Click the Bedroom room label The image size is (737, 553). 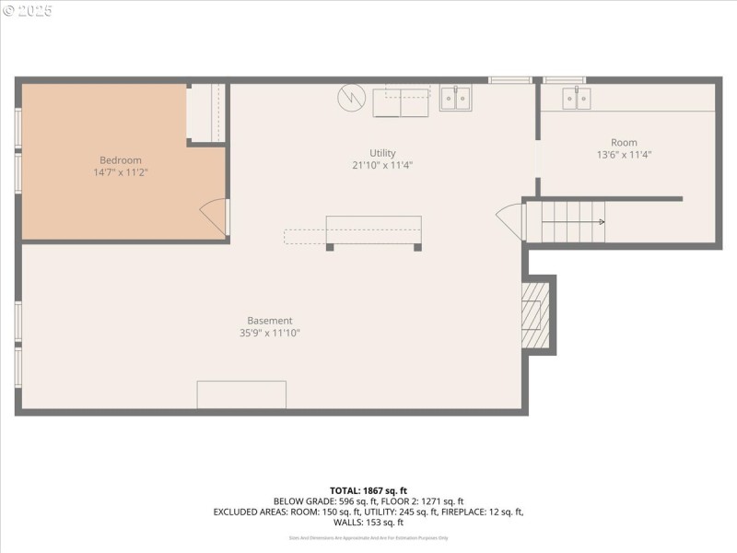point(121,159)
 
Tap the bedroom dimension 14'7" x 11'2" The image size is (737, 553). point(121,172)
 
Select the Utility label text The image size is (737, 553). point(382,153)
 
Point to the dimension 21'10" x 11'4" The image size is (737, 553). point(382,166)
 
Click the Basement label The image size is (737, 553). point(270,321)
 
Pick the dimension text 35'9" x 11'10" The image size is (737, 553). point(270,334)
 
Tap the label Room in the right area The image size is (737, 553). point(624,143)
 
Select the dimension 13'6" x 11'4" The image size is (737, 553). point(624,155)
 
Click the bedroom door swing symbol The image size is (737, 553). point(214,216)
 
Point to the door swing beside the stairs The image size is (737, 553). point(510,222)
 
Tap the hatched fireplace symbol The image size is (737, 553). point(534,313)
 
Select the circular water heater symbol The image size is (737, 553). point(351,97)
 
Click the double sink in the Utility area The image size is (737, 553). point(455,98)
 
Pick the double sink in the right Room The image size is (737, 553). point(578,98)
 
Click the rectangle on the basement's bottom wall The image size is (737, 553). point(241,394)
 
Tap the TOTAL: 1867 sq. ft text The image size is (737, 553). point(368,490)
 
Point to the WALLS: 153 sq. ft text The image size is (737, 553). point(368,522)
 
